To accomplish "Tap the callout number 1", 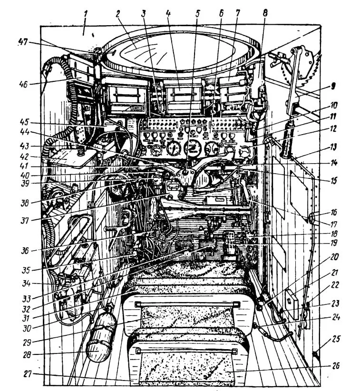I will pyautogui.click(x=86, y=13).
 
